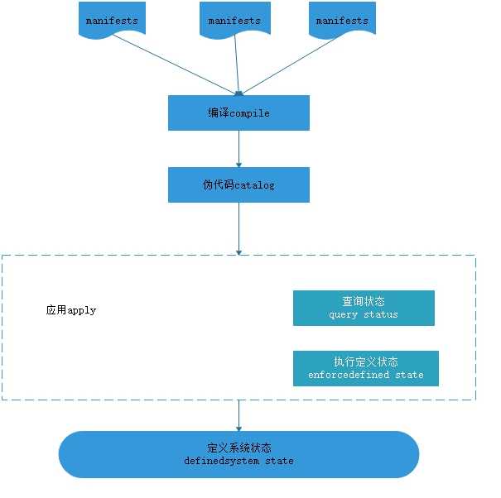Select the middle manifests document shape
234,20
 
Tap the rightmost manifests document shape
342,19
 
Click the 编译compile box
238,113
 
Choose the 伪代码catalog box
238,184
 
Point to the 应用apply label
71,310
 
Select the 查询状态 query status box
364,308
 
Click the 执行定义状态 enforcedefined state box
365,368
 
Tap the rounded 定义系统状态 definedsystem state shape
238,454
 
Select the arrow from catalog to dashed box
238,227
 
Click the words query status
364,314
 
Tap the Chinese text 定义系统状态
238,448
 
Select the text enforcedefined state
365,375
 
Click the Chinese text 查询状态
364,301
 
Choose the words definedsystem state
238,461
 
